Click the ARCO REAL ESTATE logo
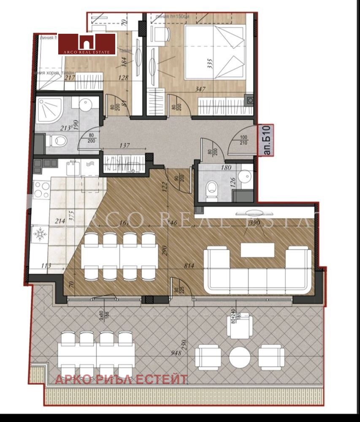87,44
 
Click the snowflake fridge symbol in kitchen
41,233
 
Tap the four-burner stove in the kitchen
41,189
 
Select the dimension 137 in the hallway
125,146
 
